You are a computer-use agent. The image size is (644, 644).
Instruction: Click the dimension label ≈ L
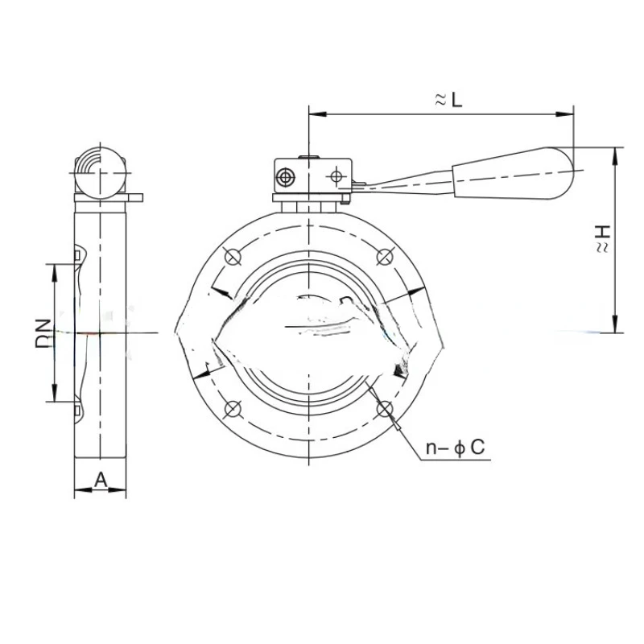(x=447, y=100)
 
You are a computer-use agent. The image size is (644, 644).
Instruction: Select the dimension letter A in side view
(x=101, y=479)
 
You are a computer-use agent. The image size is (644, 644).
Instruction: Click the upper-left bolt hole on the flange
(x=233, y=258)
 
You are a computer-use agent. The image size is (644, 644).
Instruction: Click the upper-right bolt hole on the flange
(x=383, y=258)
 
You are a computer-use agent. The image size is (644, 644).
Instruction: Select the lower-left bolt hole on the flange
(x=233, y=407)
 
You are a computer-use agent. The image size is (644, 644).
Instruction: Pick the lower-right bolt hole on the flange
(x=383, y=408)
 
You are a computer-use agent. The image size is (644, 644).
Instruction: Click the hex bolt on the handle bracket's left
(x=287, y=176)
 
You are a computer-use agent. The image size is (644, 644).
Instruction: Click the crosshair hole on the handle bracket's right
(x=336, y=175)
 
